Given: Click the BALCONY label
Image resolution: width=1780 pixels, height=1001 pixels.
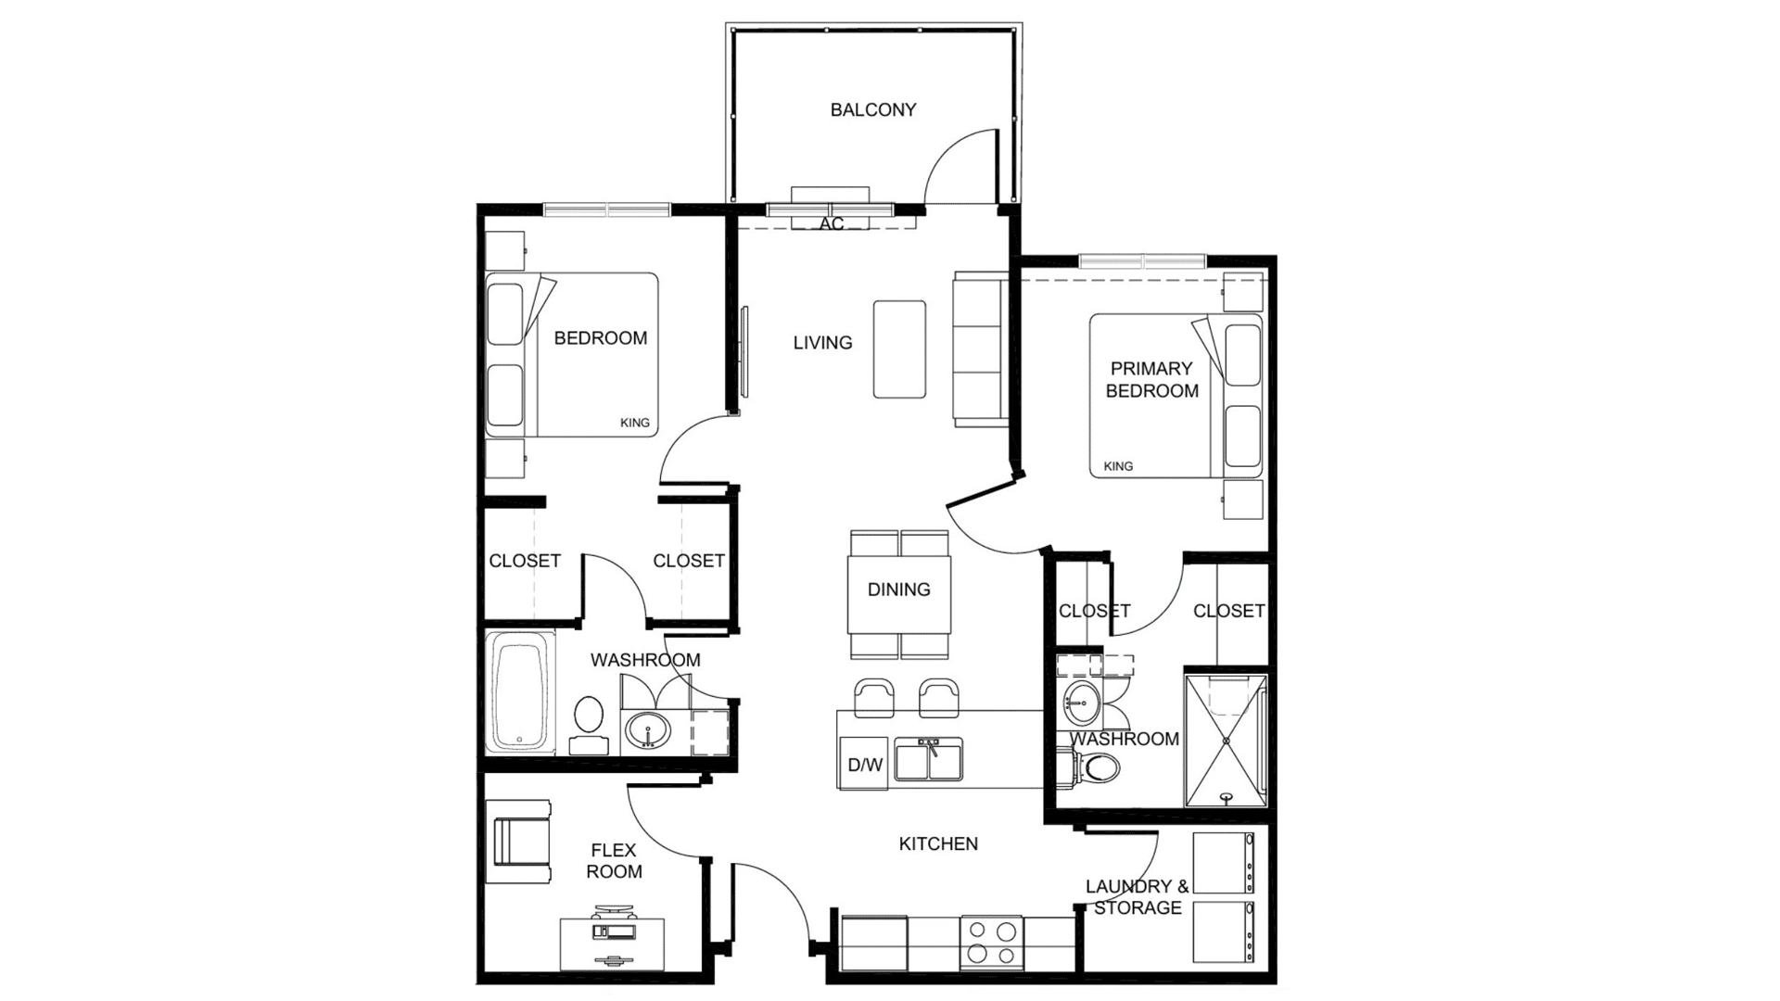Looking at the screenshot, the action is click(872, 110).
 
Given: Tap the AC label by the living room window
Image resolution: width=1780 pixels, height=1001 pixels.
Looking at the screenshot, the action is click(832, 224).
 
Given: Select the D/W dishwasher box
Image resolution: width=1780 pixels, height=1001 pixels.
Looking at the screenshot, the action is click(864, 763).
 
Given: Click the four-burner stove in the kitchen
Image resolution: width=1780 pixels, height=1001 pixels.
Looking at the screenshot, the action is click(991, 943).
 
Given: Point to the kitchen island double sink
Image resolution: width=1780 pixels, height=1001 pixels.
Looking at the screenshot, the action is click(928, 759).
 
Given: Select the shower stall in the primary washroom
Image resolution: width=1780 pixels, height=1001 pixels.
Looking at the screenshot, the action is click(1226, 740).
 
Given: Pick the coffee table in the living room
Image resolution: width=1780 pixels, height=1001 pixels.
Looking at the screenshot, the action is click(899, 349).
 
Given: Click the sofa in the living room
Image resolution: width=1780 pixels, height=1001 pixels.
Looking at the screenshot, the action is click(981, 349).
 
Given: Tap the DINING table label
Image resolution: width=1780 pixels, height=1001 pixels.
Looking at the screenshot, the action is click(899, 589).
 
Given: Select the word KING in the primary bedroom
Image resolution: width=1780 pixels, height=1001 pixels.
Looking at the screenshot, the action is click(1118, 466).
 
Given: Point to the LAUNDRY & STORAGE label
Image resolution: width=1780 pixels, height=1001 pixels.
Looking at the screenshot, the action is click(1138, 897).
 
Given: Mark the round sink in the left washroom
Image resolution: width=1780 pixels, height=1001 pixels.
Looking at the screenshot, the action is click(646, 730).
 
